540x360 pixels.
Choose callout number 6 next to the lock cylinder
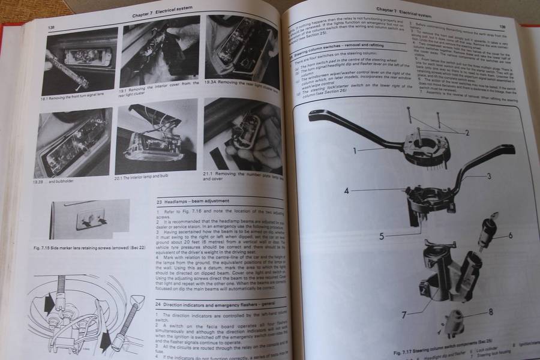[511, 235]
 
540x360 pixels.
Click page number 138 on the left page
[53, 27]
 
